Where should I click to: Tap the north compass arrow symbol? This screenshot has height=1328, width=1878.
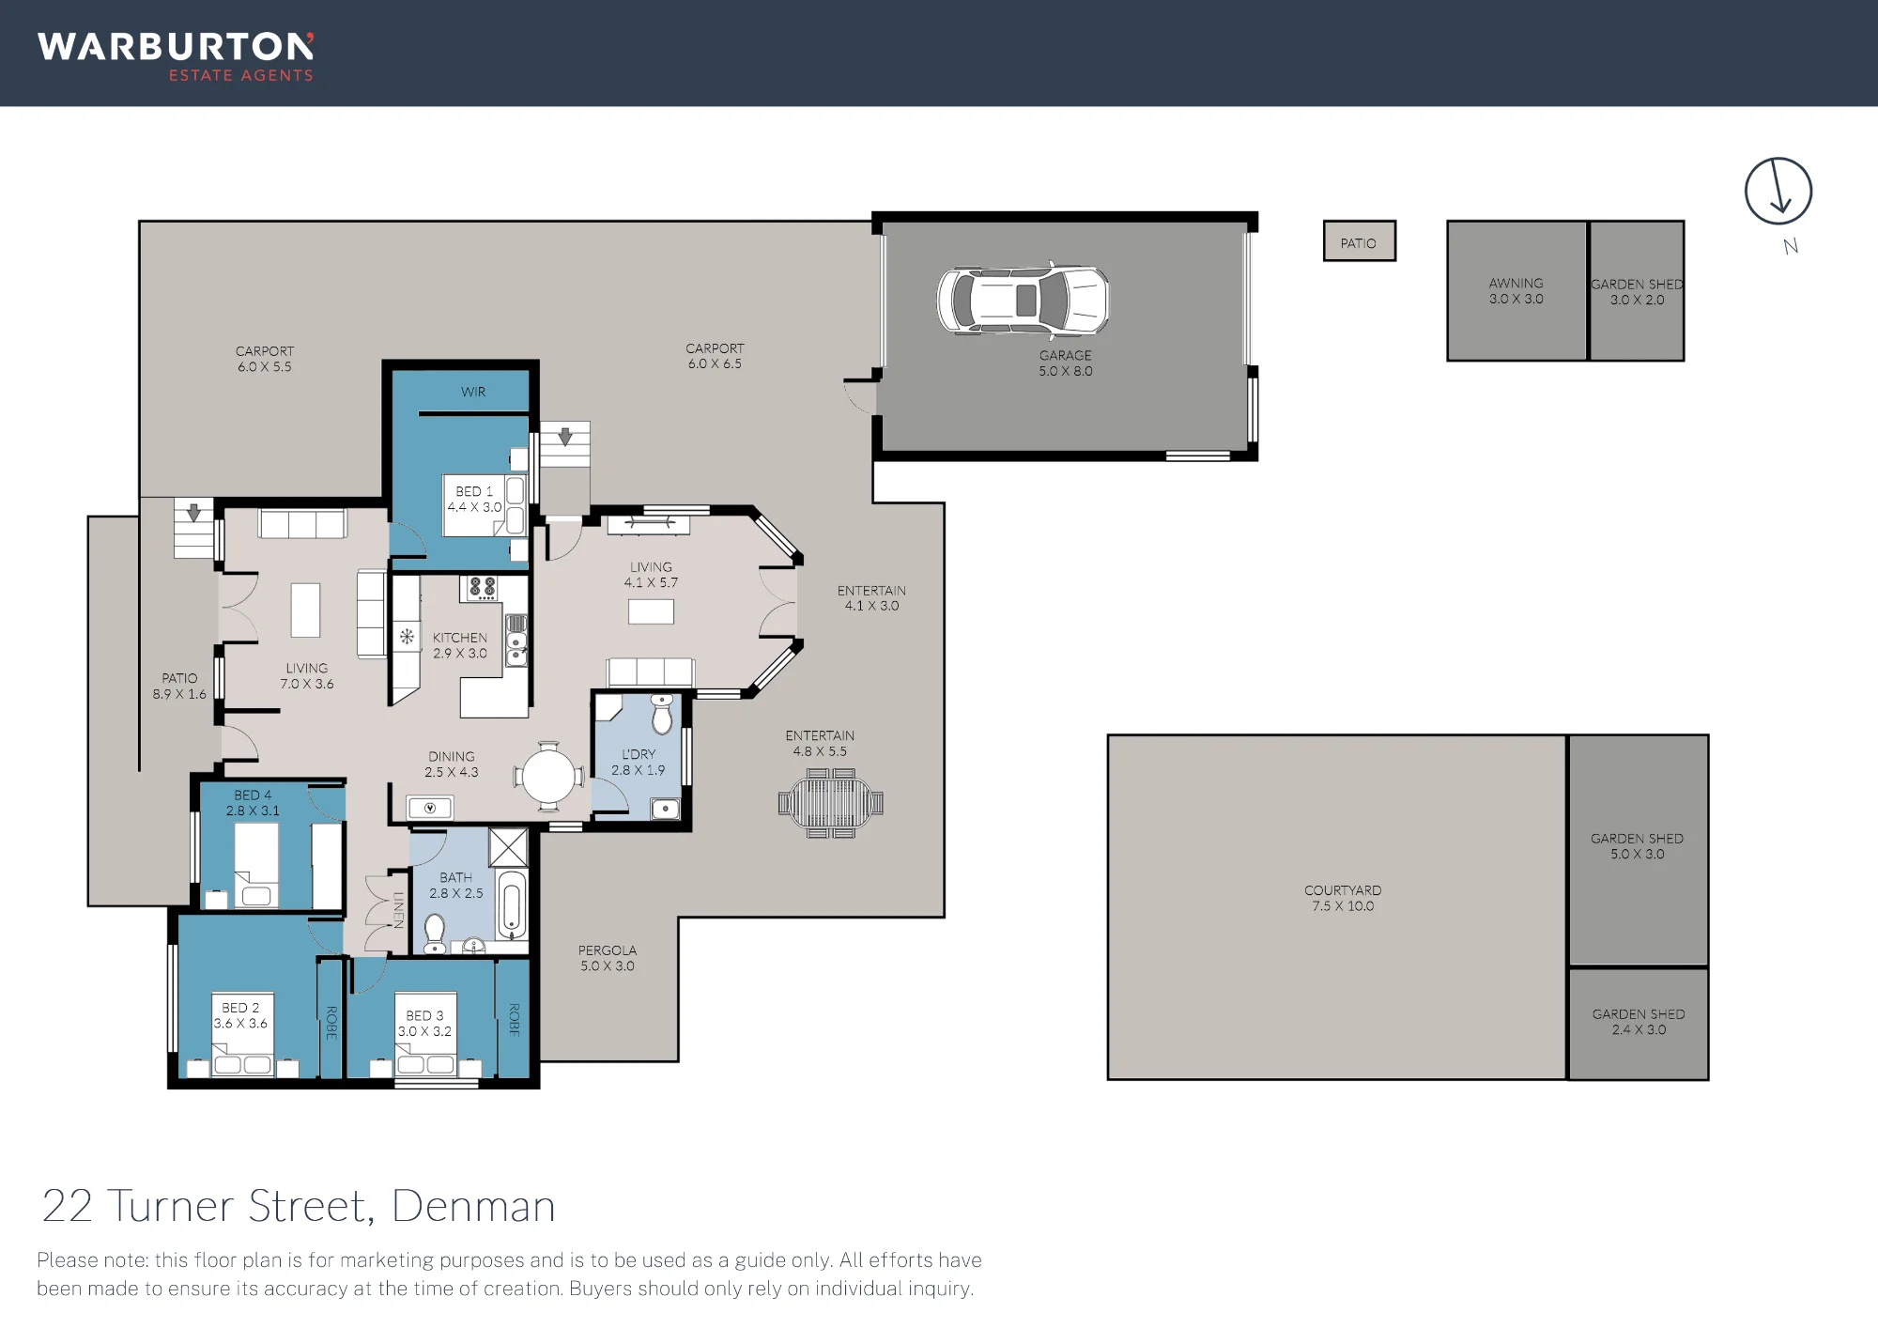(x=1778, y=191)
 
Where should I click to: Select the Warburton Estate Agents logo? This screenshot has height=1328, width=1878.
(x=176, y=57)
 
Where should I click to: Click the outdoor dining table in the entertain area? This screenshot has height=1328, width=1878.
(x=830, y=803)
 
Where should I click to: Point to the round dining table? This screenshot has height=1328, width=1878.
(x=548, y=776)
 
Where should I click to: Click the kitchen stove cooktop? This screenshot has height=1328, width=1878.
(x=483, y=588)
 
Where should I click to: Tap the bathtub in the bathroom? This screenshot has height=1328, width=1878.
(x=512, y=905)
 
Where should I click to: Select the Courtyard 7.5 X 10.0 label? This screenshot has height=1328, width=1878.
(x=1343, y=898)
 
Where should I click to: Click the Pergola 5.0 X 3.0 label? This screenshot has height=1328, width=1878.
(x=608, y=958)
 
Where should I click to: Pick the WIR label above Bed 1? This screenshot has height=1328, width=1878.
(x=473, y=392)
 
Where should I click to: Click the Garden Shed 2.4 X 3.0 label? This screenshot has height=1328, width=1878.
(x=1639, y=1022)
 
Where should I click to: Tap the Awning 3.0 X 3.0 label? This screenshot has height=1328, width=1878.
(x=1516, y=291)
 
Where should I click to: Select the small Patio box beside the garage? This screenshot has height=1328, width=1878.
(x=1359, y=241)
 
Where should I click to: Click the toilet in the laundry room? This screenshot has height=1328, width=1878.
(x=663, y=714)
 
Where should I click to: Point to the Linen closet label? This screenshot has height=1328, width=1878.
(x=398, y=910)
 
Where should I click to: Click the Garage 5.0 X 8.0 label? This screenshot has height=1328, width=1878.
(x=1066, y=363)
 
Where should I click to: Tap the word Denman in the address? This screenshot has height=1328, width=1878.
(x=473, y=1206)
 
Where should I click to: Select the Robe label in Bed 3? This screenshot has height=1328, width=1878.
(x=514, y=1019)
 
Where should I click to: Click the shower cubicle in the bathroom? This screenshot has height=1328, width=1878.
(x=508, y=848)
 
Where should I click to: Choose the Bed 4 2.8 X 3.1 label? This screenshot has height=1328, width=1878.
(x=253, y=803)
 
